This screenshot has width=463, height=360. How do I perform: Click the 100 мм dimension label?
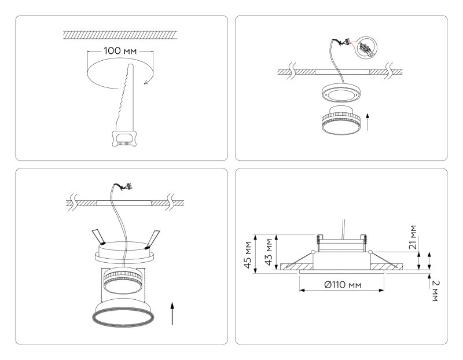coord(120,51)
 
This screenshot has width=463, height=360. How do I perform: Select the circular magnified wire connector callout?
coord(365,46)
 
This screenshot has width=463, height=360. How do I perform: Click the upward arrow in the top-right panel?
coord(369,122)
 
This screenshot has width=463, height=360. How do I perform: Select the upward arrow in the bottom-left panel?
coord(172,313)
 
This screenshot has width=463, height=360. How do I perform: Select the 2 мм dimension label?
coord(435,290)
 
